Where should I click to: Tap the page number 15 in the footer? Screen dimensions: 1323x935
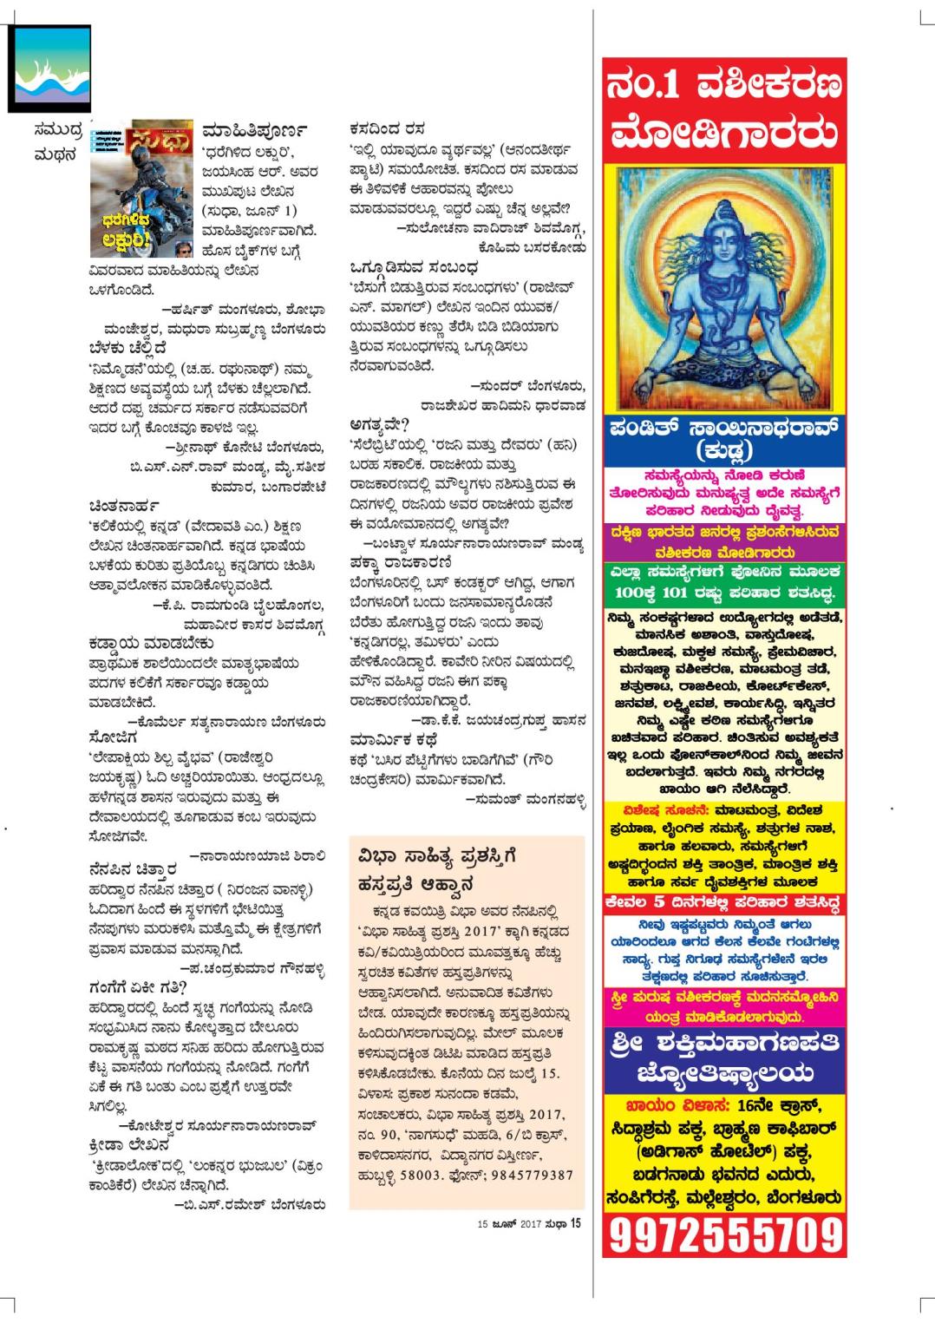click(x=574, y=1224)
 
